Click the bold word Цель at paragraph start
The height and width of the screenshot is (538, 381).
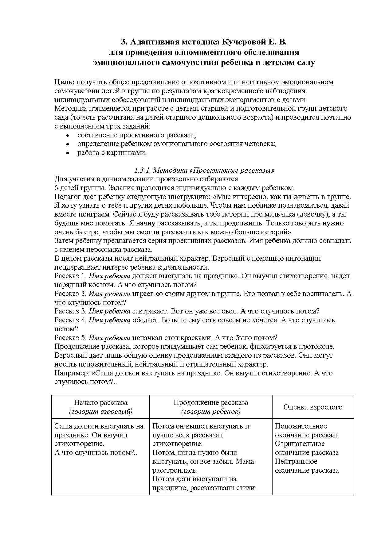[x=64, y=82]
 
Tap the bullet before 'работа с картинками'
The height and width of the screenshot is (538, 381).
[x=68, y=153]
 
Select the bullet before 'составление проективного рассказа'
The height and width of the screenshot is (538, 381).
[x=68, y=135]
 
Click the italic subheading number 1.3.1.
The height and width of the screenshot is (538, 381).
[x=142, y=170]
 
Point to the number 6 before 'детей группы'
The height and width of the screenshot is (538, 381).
[x=56, y=188]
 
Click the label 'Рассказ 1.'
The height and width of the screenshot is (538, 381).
[x=70, y=276]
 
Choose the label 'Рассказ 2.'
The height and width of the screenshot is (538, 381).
[x=70, y=294]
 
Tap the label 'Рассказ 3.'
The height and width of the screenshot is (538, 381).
[x=70, y=311]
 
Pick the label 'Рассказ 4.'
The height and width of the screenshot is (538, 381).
[x=70, y=320]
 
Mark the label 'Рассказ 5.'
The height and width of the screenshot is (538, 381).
[x=70, y=338]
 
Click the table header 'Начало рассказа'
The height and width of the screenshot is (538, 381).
[x=100, y=402]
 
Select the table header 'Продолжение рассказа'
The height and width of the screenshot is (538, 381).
[x=211, y=402]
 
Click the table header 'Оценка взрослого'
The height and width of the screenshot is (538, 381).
[x=313, y=407]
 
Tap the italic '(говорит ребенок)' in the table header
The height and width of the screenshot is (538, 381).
[x=211, y=411]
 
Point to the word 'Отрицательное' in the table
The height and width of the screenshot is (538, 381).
[x=300, y=444]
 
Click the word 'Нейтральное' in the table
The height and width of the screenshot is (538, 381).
[x=296, y=461]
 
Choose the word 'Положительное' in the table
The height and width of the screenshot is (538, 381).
[x=301, y=426]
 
